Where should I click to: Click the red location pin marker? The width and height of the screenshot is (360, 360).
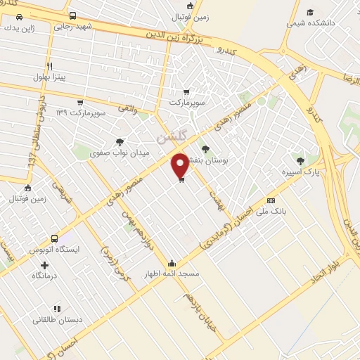pyautogui.click(x=181, y=165)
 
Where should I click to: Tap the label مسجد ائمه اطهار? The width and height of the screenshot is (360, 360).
pyautogui.click(x=172, y=274)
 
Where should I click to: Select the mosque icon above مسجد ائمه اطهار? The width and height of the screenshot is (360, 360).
pyautogui.click(x=172, y=264)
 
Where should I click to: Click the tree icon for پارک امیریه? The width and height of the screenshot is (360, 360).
pyautogui.click(x=301, y=161)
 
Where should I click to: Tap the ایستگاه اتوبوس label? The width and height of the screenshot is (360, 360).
pyautogui.click(x=54, y=250)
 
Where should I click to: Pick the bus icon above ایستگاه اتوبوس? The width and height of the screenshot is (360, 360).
pyautogui.click(x=55, y=239)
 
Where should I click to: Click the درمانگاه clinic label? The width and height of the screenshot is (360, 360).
pyautogui.click(x=46, y=276)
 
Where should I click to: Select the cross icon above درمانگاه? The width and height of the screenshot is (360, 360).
pyautogui.click(x=46, y=265)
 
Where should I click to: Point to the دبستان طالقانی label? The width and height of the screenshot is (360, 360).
pyautogui.click(x=58, y=319)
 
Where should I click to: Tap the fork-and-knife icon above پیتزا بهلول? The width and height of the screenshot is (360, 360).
pyautogui.click(x=49, y=67)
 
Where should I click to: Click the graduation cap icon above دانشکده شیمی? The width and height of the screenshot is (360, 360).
pyautogui.click(x=310, y=12)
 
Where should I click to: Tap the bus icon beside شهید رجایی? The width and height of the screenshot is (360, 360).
pyautogui.click(x=73, y=15)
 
